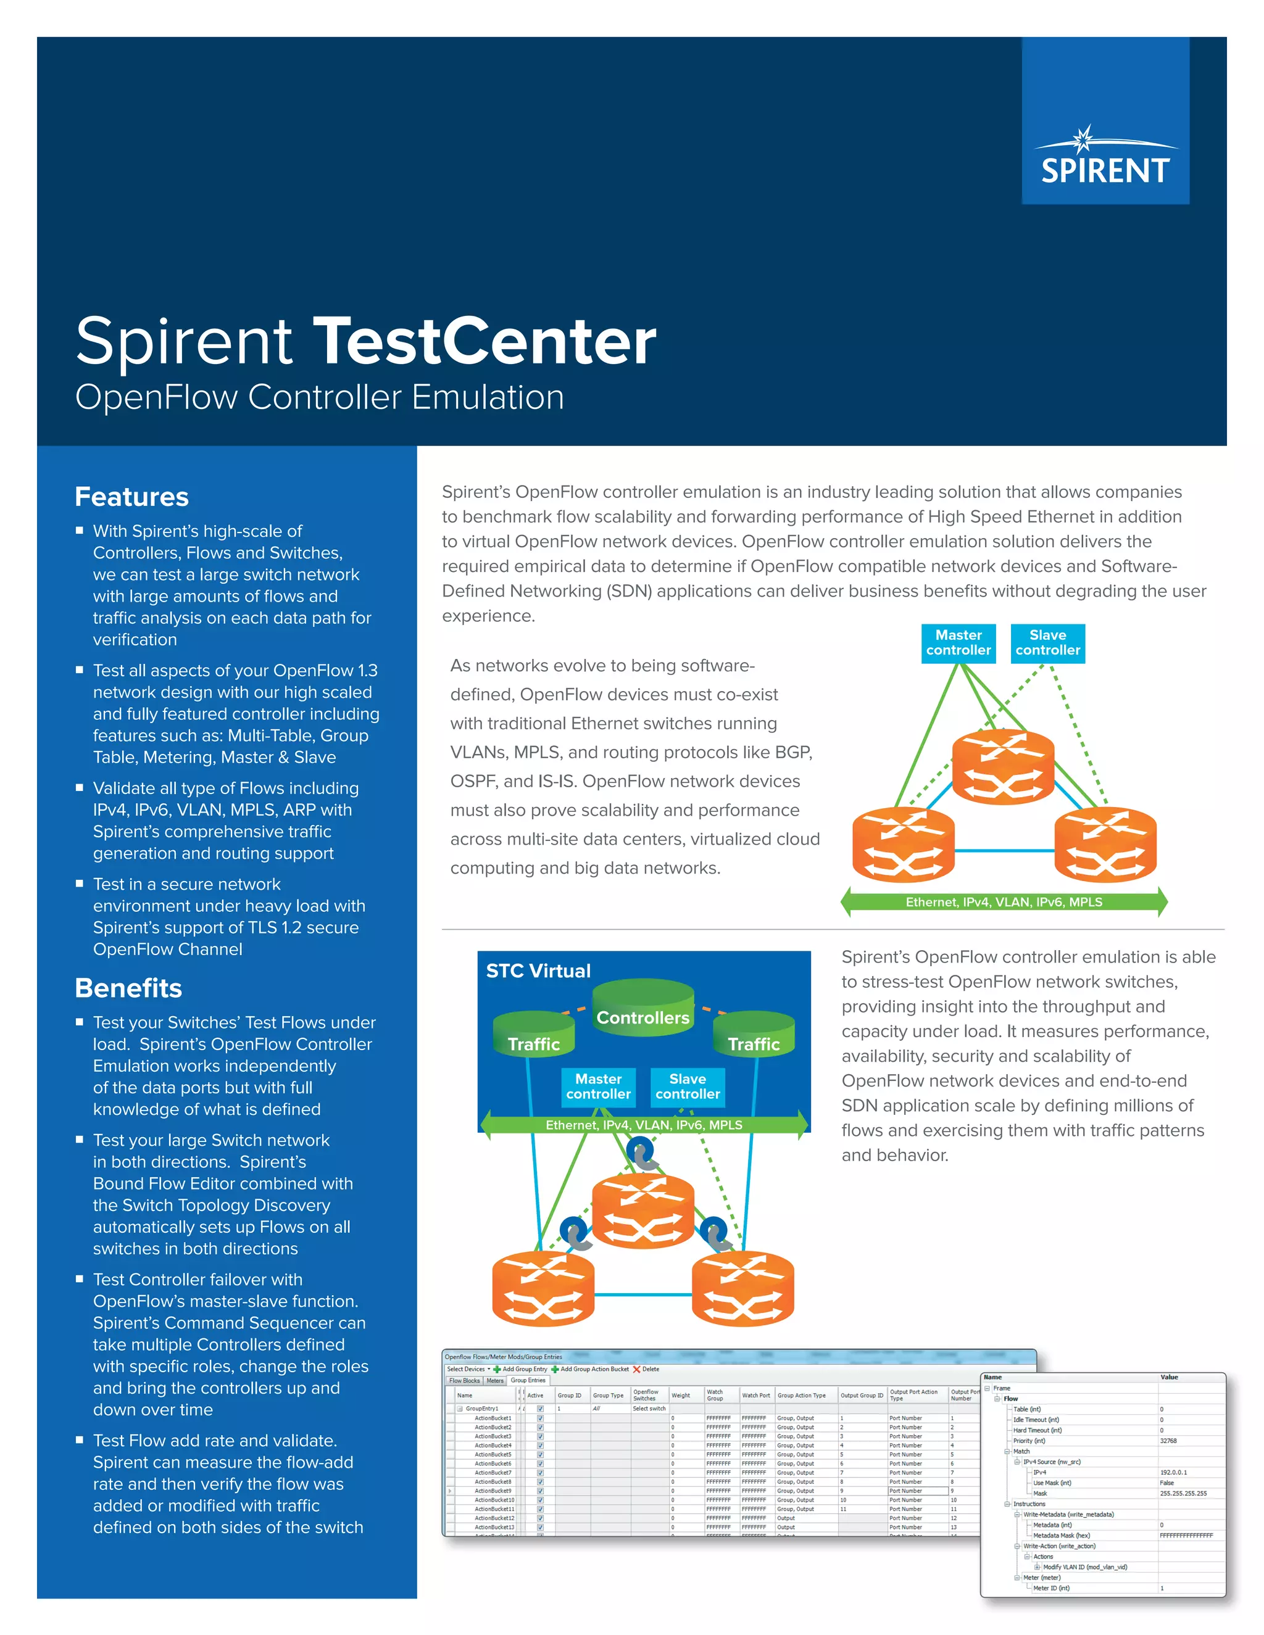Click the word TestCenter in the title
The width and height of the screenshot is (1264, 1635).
coord(484,341)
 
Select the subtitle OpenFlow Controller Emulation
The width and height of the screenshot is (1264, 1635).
coord(320,397)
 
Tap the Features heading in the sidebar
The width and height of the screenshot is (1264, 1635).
coord(132,497)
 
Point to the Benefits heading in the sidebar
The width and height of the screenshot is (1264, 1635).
coord(128,988)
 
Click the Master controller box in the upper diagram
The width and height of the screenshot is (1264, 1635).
coord(958,643)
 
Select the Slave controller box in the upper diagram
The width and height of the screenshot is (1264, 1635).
coord(1047,643)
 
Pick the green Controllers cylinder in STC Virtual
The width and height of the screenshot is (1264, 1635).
coord(642,1008)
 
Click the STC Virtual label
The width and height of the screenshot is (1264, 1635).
coord(538,971)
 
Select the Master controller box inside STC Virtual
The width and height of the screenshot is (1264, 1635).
coord(598,1087)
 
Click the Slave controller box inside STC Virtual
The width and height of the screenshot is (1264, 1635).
coord(688,1087)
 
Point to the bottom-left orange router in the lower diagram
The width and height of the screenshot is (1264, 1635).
coord(543,1288)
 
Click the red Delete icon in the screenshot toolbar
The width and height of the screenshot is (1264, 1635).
coord(636,1369)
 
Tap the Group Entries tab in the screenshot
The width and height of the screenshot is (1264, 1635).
coord(528,1380)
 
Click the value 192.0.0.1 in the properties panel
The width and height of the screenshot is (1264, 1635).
coord(1173,1471)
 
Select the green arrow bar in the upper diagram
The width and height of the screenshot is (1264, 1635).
coord(1004,901)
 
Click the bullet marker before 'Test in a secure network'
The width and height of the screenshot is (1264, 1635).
coord(80,884)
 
